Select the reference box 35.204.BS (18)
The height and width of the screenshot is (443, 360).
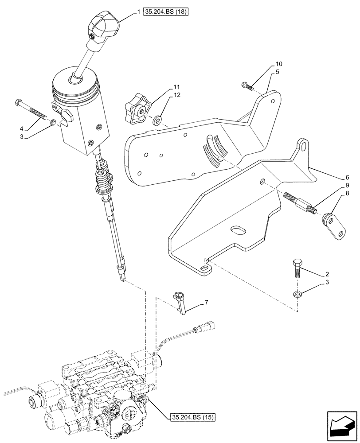(x=166, y=12)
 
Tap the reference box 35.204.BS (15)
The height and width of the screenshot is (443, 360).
(x=192, y=416)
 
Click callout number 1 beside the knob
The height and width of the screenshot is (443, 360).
(x=138, y=12)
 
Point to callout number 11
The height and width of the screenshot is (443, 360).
(x=164, y=87)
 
